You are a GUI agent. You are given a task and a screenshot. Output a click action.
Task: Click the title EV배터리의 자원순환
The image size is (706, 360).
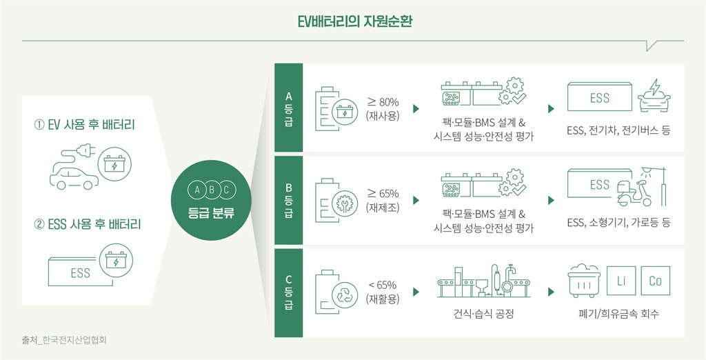pos(352,22)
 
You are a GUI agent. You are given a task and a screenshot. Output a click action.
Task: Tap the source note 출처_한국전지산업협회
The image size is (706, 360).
pos(64,341)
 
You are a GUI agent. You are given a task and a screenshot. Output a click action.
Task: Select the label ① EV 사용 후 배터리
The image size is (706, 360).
pos(85,125)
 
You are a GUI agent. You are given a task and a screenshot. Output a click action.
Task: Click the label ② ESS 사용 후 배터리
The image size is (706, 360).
pos(88,224)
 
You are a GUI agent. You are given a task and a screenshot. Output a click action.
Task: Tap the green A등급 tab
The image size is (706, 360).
pos(289,108)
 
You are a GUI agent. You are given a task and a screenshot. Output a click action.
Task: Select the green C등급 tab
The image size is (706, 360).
pos(289,293)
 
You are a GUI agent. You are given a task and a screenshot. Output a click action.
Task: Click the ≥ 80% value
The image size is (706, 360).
pos(383,102)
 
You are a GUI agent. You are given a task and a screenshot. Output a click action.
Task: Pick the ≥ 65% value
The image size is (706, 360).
pos(383,194)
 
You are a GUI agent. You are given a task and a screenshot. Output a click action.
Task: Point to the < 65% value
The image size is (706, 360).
pos(383,286)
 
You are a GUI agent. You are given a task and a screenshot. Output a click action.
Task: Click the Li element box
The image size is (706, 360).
pos(621,281)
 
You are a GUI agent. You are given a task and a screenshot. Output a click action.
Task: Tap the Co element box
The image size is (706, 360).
pos(655,281)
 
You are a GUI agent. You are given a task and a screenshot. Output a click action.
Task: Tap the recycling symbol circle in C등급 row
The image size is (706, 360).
pos(345,294)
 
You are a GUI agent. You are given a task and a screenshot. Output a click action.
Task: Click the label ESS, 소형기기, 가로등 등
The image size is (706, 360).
pos(618,222)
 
